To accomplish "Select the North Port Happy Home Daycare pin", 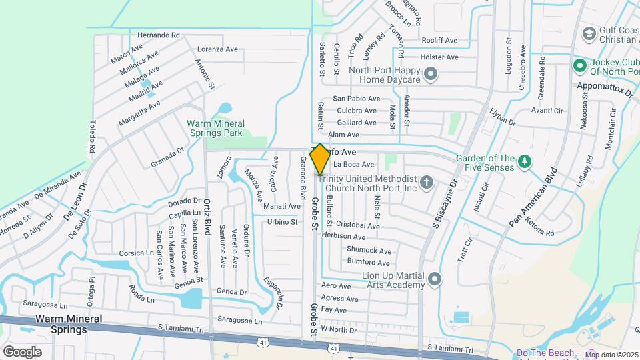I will (x=431, y=73).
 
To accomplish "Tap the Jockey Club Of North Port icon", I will (x=579, y=65).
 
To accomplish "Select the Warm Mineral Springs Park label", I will (x=215, y=128).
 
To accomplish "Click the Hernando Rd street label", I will (x=159, y=35).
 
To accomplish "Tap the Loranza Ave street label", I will (x=217, y=49).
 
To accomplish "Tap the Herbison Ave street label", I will (x=343, y=237).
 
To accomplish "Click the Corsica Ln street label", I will (x=136, y=253).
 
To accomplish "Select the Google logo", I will (x=22, y=351).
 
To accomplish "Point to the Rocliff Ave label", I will (x=439, y=41).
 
